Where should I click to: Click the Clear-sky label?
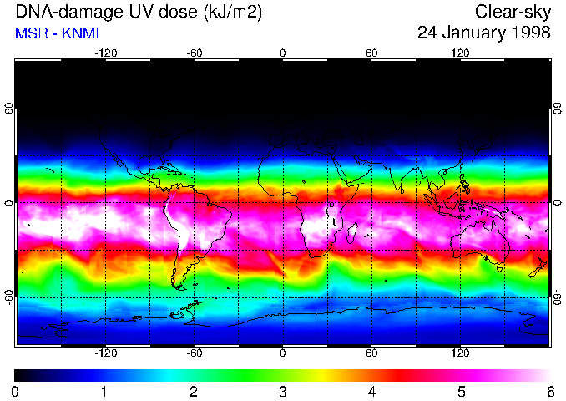[x=513, y=13]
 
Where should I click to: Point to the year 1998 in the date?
[x=531, y=33]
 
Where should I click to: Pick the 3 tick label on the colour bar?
[x=283, y=391]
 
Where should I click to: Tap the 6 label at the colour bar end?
[x=550, y=391]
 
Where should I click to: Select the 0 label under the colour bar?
[x=16, y=391]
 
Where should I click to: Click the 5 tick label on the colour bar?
[x=461, y=391]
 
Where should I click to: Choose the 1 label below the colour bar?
[x=104, y=391]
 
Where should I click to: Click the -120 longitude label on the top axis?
[x=105, y=53]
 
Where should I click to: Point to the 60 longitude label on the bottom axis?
[x=371, y=353]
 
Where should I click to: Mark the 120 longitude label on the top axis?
[x=461, y=53]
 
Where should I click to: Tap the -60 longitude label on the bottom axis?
[x=195, y=353]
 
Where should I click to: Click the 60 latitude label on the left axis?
[x=9, y=113]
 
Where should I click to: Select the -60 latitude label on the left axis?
[x=9, y=297]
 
